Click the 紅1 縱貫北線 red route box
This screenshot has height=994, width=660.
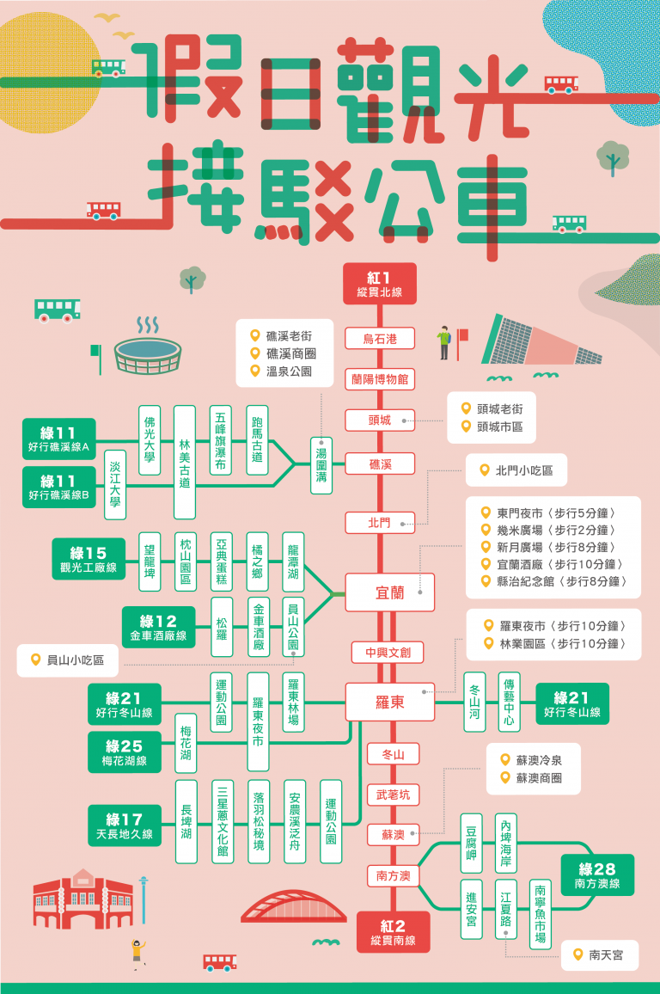coord(379,284)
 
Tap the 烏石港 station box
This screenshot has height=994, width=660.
coord(379,339)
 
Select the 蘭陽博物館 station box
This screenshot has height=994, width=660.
coord(379,379)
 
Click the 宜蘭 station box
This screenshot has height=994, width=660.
coord(389,592)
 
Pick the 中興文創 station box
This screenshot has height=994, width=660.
coord(388,652)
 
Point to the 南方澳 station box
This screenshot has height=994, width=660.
coord(393,875)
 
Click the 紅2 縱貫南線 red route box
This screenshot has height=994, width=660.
coord(393,932)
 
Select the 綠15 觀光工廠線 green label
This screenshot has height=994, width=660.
coord(88,559)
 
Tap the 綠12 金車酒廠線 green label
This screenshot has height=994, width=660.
coord(158,627)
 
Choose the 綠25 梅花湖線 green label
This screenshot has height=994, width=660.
coord(124,752)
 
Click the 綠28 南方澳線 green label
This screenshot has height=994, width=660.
coord(597,875)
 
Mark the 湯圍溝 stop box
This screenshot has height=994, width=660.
coord(321,464)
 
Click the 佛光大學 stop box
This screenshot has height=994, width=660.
coord(150,439)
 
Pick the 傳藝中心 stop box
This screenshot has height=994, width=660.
coord(510,702)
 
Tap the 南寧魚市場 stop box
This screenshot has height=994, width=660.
coord(541,914)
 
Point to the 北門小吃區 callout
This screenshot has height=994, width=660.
coord(516,470)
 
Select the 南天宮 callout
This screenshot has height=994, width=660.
coord(599,954)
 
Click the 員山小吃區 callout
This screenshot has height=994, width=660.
coord(68,660)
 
